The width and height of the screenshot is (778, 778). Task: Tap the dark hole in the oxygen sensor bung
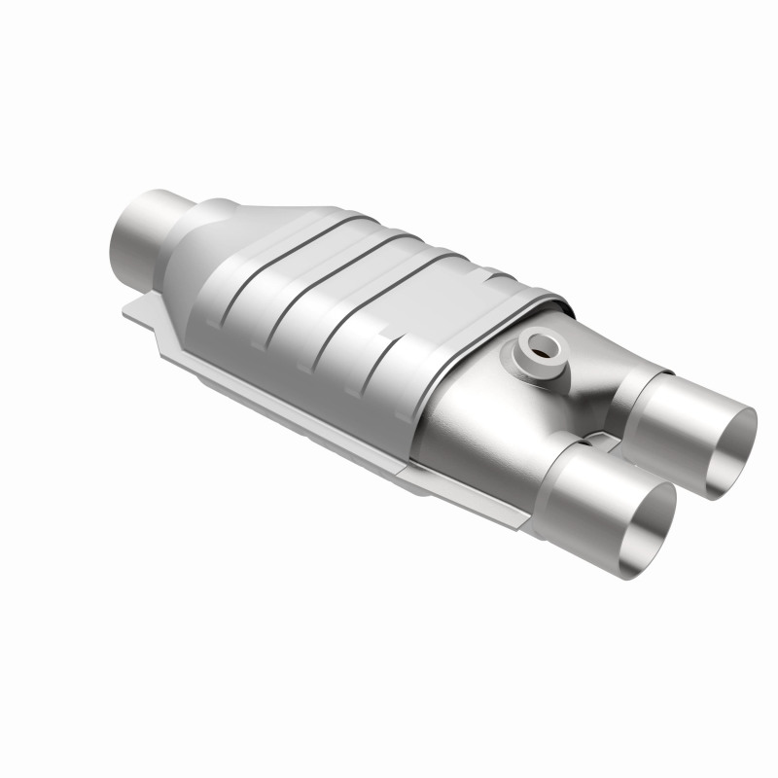click(x=538, y=345)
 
